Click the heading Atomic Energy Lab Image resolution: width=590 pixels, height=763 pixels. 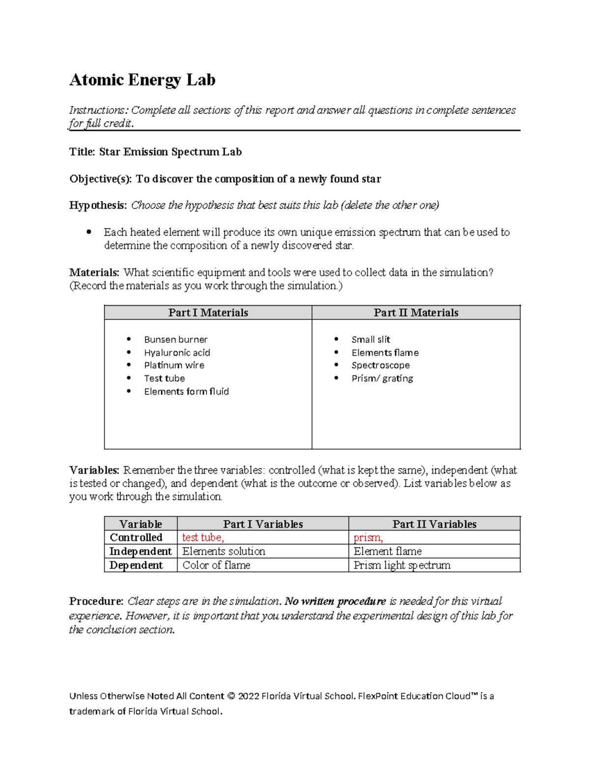click(142, 80)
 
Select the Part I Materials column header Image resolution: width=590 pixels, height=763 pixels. click(208, 312)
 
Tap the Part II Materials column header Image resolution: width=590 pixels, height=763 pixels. click(416, 312)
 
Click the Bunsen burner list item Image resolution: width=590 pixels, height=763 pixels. click(176, 339)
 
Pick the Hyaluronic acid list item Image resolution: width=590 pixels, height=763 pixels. click(177, 353)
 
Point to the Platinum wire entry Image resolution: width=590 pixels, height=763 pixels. click(174, 366)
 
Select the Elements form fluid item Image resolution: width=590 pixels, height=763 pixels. click(186, 392)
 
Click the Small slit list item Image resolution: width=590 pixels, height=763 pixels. click(371, 339)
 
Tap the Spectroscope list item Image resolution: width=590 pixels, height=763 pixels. click(381, 366)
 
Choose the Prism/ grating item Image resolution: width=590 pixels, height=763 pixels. click(382, 378)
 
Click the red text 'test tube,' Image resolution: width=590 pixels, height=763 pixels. click(203, 537)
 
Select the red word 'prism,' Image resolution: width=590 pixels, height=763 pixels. click(368, 537)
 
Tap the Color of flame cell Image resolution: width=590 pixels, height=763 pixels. click(216, 565)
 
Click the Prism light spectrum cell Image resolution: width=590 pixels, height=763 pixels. click(402, 565)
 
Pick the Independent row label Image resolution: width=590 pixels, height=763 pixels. click(141, 551)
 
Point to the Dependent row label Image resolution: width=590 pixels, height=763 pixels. click(136, 565)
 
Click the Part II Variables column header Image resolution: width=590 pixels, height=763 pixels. click(434, 524)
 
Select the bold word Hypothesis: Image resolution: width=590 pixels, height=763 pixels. click(98, 205)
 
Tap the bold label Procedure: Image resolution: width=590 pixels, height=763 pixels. click(96, 601)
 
